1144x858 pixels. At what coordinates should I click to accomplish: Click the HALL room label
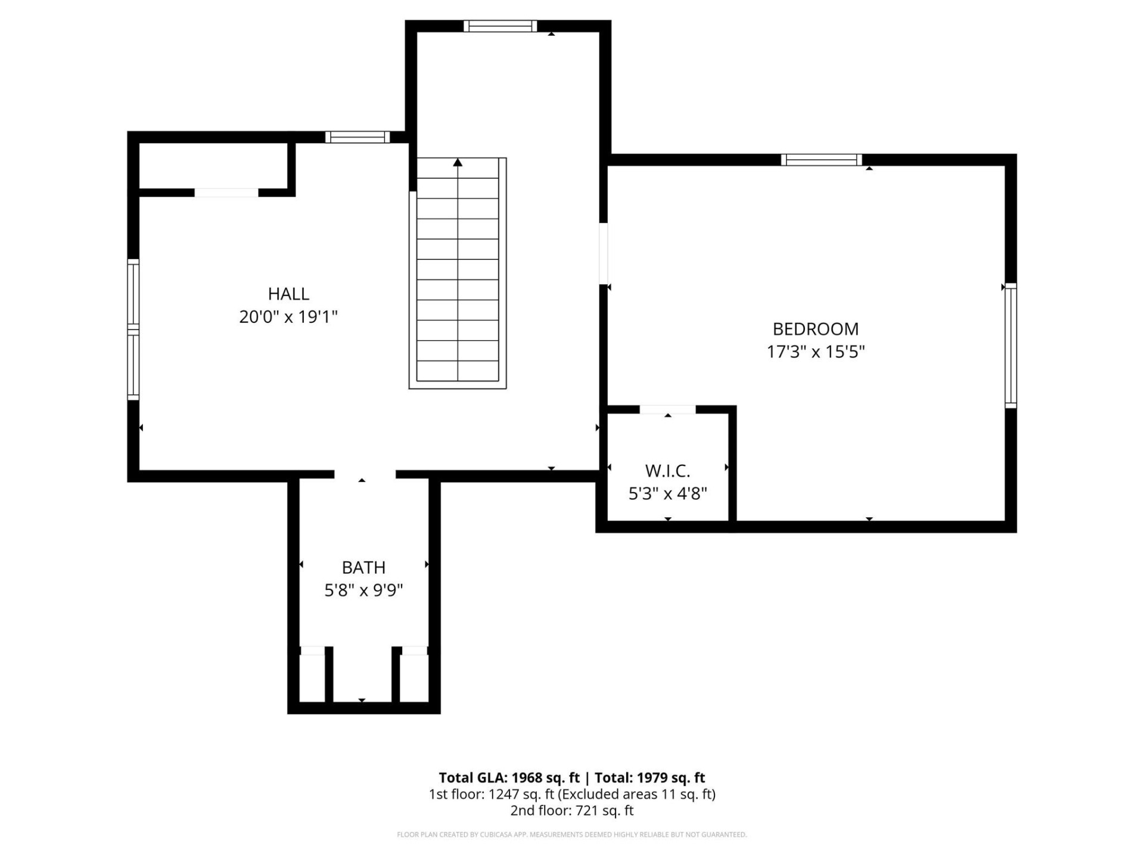[288, 294]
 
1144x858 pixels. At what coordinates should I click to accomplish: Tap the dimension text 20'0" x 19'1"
[288, 316]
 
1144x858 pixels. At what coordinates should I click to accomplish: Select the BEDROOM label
[815, 329]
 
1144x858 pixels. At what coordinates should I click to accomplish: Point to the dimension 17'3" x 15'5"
[815, 352]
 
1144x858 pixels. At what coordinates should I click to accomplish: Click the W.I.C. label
[667, 471]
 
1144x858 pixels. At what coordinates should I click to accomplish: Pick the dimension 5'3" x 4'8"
[667, 493]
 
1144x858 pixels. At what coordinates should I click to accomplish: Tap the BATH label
[363, 567]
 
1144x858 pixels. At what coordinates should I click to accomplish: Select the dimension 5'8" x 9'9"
[363, 590]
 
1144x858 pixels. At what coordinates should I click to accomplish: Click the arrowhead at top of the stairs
[458, 162]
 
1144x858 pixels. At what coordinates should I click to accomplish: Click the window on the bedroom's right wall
[1011, 346]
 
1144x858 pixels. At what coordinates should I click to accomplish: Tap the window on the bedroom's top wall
[821, 160]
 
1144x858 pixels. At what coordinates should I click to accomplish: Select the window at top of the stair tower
[500, 26]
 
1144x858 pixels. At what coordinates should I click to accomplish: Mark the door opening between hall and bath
[365, 474]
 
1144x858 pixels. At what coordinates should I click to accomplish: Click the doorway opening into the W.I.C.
[667, 409]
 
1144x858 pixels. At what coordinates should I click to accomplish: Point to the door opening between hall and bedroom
[604, 253]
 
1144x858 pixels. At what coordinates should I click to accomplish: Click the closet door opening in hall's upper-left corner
[226, 192]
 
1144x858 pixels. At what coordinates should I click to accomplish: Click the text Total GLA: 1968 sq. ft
[509, 778]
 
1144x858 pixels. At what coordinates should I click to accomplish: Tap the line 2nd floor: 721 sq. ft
[572, 810]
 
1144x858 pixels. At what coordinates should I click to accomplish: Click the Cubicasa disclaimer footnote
[572, 834]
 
